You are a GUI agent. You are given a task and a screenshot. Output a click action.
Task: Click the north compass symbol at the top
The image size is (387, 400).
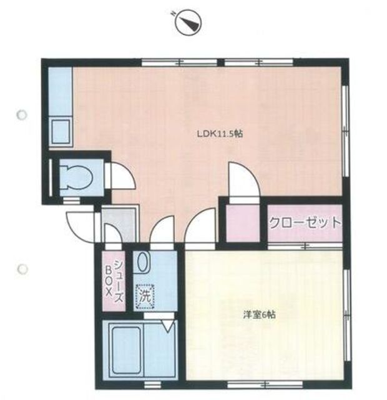point(189,22)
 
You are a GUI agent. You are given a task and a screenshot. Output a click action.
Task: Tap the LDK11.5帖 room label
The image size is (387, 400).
point(220,134)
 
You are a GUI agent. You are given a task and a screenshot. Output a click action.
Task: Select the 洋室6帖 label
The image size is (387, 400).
point(259,315)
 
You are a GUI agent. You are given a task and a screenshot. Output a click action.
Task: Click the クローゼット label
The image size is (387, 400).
point(305,223)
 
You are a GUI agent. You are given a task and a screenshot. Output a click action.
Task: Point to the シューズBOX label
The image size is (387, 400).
point(114,281)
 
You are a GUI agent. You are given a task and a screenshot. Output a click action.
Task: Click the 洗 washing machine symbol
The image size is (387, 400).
point(145,297)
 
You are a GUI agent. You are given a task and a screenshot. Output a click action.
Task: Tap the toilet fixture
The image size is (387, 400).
point(76,177)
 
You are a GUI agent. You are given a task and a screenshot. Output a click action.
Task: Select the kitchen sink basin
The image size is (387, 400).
point(61,131)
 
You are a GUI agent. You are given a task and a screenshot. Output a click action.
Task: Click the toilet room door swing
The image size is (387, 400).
point(123,176)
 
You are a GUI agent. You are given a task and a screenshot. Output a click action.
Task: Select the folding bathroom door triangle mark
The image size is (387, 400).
point(168,326)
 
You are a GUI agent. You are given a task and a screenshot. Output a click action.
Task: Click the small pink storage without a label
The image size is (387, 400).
point(243,223)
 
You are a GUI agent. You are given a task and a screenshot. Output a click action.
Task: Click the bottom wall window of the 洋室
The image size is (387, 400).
point(265,383)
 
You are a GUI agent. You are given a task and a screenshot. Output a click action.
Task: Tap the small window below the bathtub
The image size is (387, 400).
point(150,383)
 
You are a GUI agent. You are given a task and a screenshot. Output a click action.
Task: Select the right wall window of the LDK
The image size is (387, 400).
point(345,131)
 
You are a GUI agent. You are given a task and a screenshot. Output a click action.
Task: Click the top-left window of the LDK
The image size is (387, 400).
point(179,62)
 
